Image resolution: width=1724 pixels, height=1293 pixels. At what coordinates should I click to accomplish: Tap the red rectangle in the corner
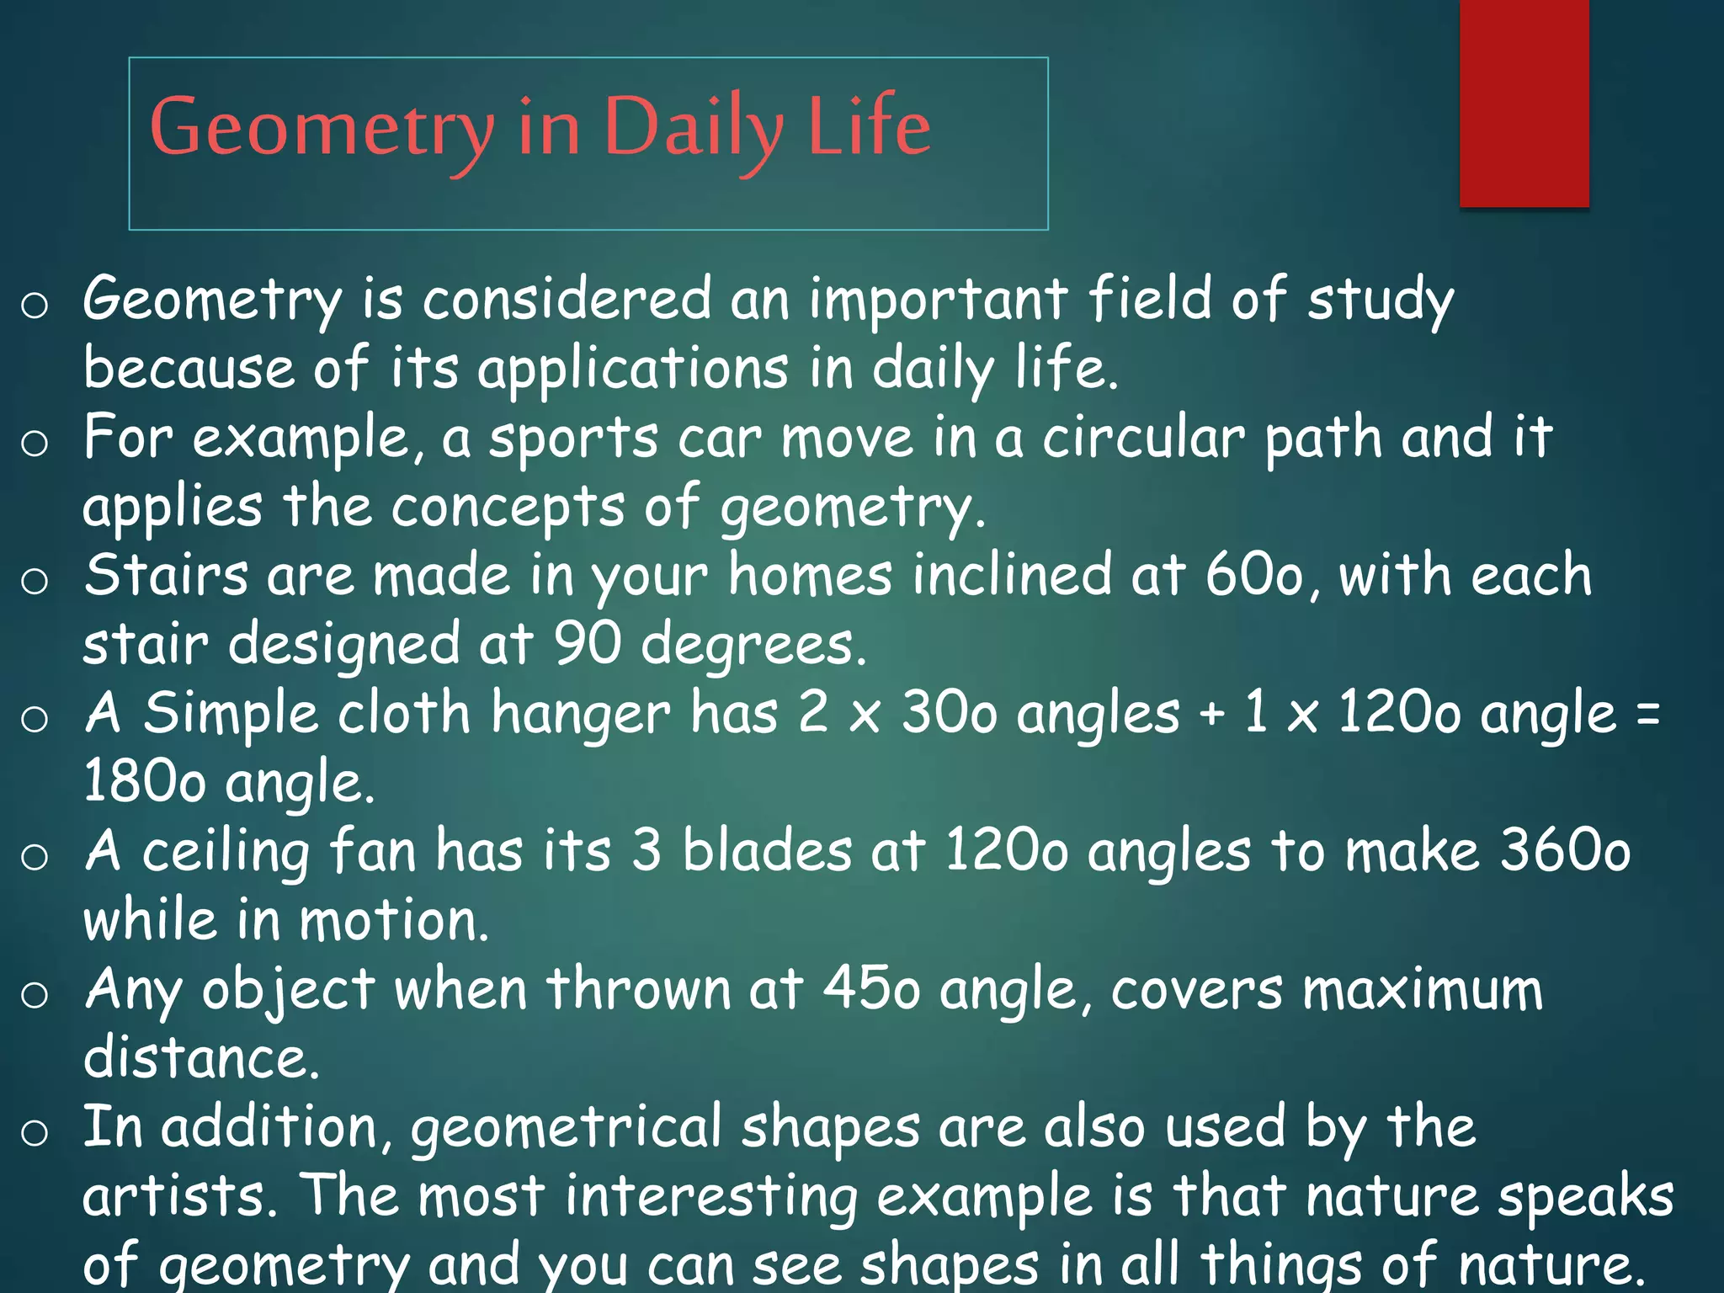coord(1524,103)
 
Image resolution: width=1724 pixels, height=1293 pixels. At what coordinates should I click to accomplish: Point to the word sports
coord(573,439)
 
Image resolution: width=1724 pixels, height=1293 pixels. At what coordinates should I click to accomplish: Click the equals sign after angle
coord(1648,714)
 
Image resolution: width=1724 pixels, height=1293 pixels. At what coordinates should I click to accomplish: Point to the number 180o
coord(144,783)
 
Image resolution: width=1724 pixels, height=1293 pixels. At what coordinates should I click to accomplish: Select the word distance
coord(200,1059)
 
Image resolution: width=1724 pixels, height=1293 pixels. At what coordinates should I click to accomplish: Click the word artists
coord(179,1196)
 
